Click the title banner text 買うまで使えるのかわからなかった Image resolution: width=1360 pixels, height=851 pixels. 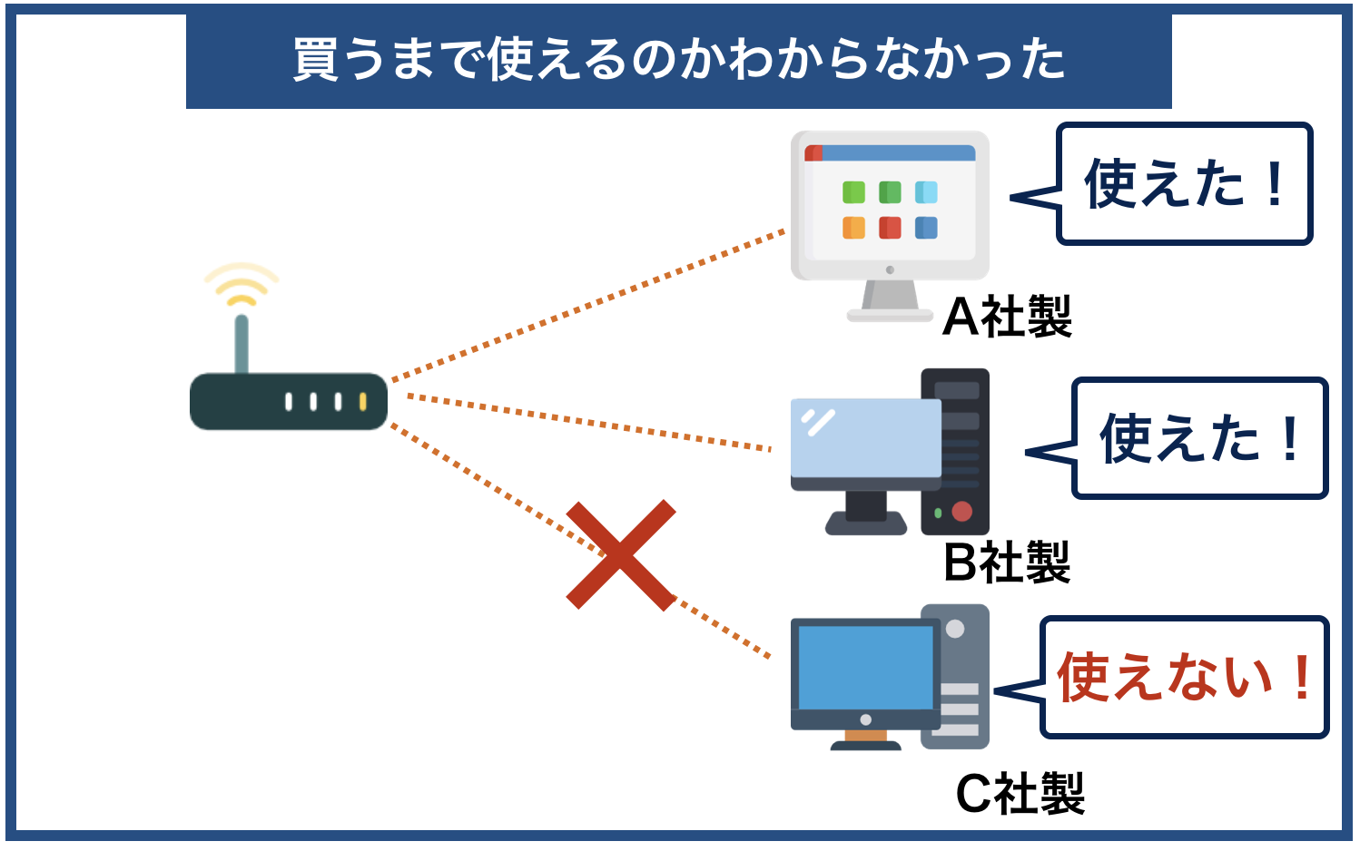pos(678,60)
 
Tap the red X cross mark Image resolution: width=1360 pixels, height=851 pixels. pos(621,554)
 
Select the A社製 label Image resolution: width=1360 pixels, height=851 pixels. pos(1007,317)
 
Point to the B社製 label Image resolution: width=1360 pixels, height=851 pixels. pos(1007,562)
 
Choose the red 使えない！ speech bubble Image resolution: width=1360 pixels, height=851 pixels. pos(1184,677)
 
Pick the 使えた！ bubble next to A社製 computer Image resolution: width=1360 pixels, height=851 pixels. pos(1184,184)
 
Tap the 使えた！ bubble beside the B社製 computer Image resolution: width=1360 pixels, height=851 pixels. pos(1199,438)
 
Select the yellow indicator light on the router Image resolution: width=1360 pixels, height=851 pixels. pos(362,401)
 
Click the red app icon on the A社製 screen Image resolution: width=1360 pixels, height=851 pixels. pos(890,228)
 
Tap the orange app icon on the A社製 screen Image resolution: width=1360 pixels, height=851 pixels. pos(853,228)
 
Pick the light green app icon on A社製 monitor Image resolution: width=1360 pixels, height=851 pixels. pos(853,192)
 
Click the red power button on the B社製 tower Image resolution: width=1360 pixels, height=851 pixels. pos(962,512)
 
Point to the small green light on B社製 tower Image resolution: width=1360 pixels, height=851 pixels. pos(938,514)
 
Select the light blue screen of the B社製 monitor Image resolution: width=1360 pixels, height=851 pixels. pos(865,438)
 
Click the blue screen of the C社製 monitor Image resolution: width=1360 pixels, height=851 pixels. pos(865,667)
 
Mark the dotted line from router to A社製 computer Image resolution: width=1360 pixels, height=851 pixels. pos(590,305)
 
